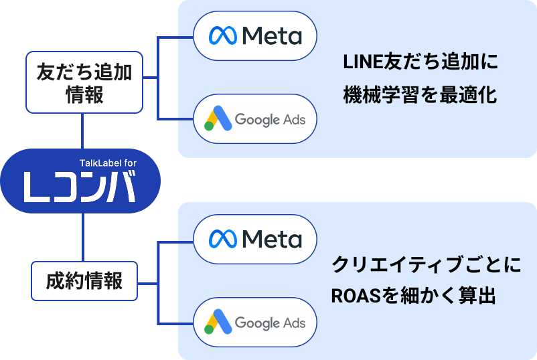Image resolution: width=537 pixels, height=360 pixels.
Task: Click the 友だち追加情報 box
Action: pos(84,82)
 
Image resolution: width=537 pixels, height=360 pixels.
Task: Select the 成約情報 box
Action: pos(84,280)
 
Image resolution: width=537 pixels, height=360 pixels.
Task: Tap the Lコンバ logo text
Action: pos(80,187)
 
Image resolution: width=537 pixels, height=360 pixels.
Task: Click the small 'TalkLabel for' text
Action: pos(108,163)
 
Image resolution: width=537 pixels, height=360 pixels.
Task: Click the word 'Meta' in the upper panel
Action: pos(271,36)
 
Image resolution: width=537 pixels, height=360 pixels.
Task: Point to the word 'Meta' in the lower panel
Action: pos(271,239)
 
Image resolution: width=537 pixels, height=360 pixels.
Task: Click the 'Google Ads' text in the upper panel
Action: pos(270,120)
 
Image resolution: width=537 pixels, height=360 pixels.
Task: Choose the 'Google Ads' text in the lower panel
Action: pos(270,323)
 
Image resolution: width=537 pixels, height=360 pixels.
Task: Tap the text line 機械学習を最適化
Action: pos(420,95)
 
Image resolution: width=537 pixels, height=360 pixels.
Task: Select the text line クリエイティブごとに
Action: pos(426,264)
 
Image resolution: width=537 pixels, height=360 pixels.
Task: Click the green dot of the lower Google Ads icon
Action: pos(209,330)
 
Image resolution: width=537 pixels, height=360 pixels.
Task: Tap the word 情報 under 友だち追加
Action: pos(84,94)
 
